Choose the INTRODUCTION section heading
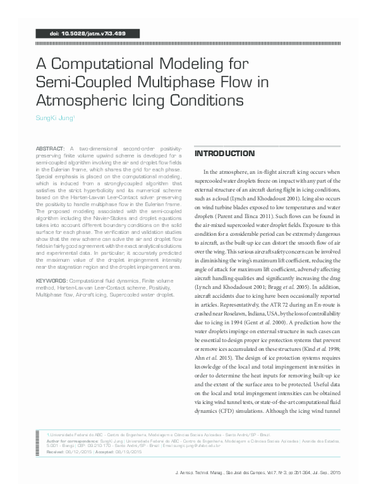tap(225, 154)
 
